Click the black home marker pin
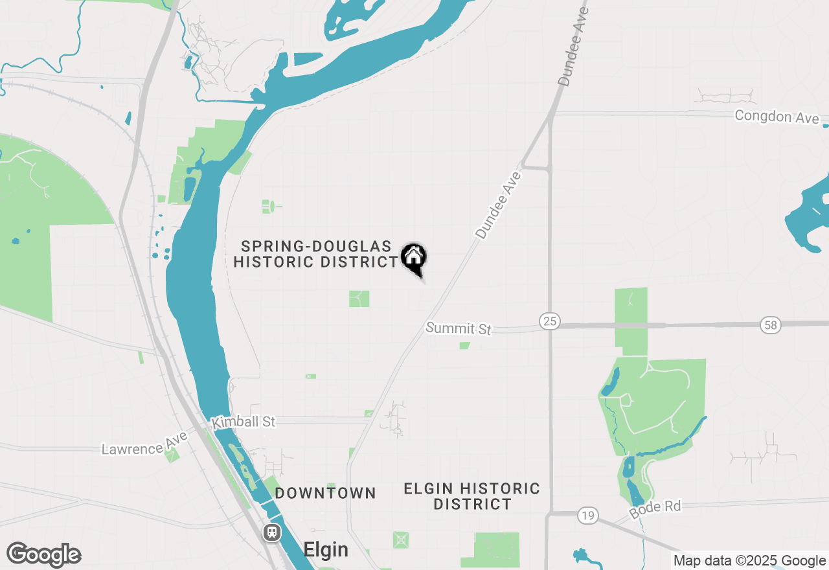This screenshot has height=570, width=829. click(413, 258)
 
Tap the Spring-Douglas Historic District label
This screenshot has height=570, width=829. click(315, 254)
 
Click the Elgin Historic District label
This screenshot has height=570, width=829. click(472, 496)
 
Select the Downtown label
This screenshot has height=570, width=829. click(325, 493)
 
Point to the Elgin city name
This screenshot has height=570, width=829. click(326, 550)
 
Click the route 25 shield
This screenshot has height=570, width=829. click(549, 321)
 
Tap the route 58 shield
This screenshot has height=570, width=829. click(771, 325)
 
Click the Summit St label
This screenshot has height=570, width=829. click(459, 328)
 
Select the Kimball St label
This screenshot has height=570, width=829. click(244, 422)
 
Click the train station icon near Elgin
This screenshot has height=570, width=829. click(272, 532)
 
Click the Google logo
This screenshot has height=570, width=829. click(44, 554)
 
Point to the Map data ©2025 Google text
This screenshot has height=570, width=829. click(749, 561)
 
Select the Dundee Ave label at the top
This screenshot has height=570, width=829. click(573, 47)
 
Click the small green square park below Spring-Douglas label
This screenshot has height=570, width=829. click(359, 299)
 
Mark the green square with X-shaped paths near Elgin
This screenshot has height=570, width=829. click(401, 540)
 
